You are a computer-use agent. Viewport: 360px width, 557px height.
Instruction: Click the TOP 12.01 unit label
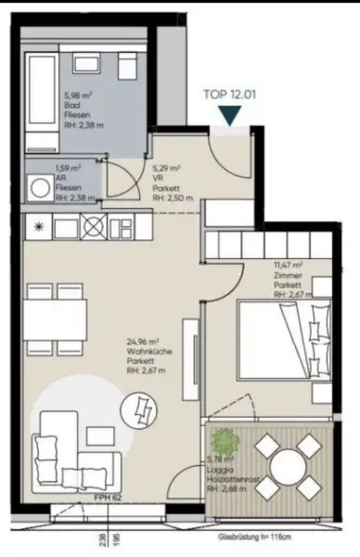click(x=228, y=93)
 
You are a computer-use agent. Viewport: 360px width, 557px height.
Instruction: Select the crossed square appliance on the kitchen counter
click(x=93, y=225)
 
